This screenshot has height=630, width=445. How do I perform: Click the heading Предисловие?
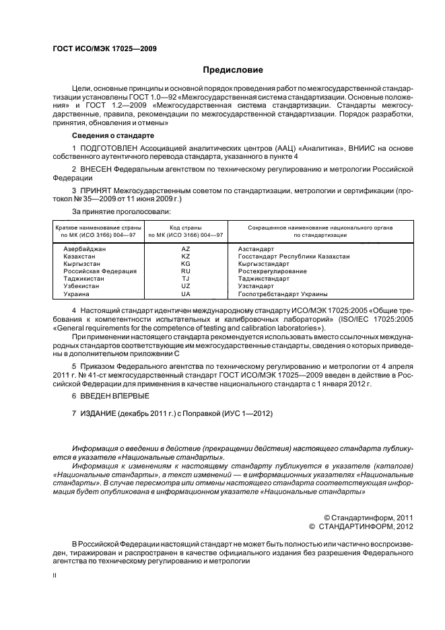point(233,70)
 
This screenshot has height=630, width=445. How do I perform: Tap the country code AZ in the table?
point(186,249)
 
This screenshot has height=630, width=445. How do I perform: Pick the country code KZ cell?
point(186,256)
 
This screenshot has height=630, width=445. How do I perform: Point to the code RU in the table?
point(186,271)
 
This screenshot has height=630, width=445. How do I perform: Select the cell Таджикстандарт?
point(264,279)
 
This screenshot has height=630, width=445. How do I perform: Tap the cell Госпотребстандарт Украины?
point(273,294)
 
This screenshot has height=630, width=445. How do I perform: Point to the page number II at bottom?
point(55,575)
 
